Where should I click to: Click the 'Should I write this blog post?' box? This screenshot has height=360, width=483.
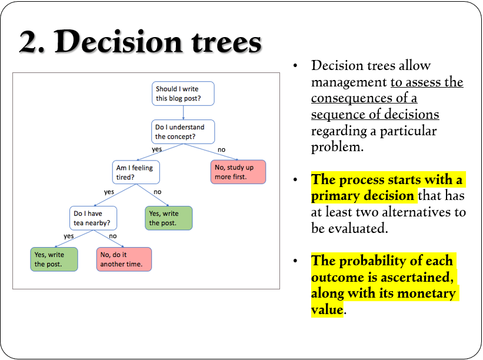pyautogui.click(x=183, y=94)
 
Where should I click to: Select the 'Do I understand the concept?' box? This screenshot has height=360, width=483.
pyautogui.click(x=183, y=132)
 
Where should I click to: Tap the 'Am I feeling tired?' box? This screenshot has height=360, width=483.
pyautogui.click(x=136, y=172)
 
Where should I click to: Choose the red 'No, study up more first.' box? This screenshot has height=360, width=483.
pyautogui.click(x=238, y=172)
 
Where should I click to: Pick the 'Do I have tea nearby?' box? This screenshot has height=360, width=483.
pyautogui.click(x=93, y=218)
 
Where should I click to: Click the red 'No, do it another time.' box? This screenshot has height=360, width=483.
pyautogui.click(x=124, y=259)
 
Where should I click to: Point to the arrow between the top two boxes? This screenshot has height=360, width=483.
pyautogui.click(x=184, y=113)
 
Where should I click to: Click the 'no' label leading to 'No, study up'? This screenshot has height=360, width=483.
pyautogui.click(x=221, y=149)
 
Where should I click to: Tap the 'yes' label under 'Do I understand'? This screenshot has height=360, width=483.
pyautogui.click(x=157, y=149)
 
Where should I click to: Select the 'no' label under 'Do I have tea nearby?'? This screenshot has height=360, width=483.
pyautogui.click(x=113, y=236)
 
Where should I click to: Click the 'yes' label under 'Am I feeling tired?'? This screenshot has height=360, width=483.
pyautogui.click(x=109, y=192)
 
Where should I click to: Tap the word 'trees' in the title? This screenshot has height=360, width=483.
pyautogui.click(x=226, y=42)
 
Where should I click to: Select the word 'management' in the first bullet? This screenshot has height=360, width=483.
pyautogui.click(x=349, y=82)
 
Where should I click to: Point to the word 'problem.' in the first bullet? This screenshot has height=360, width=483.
pyautogui.click(x=337, y=147)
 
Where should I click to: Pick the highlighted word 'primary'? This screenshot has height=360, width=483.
pyautogui.click(x=331, y=196)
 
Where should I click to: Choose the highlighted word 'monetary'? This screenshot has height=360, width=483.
pyautogui.click(x=427, y=294)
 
